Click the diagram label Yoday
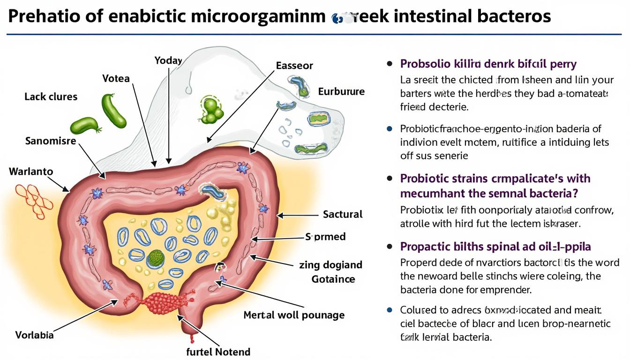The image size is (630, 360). pos(168,60)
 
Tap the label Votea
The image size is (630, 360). pos(116,78)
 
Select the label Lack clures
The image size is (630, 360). pos(51,97)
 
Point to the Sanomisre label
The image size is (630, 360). pos(51,140)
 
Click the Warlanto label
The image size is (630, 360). pos(31,172)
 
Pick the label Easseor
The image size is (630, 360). pos(294,66)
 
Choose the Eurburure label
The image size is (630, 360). pos(341,91)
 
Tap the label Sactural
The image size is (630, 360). pos(343,214)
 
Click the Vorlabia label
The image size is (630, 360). pos(34,335)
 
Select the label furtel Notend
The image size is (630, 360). pos(219,352)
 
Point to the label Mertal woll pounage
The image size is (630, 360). pos(294,315)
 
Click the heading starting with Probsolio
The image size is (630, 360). pos(488,64)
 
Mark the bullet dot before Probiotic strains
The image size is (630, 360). pos(389,179)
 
